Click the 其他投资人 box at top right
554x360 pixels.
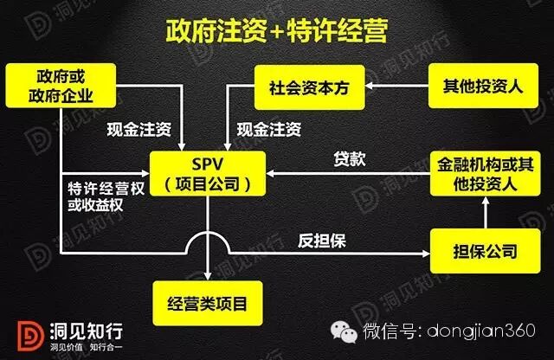[x=482, y=87]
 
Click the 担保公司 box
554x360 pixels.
[x=482, y=252]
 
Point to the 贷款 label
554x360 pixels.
[x=351, y=159]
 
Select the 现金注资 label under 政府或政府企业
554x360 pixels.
[x=138, y=131]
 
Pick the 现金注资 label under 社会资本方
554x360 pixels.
[x=269, y=131]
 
